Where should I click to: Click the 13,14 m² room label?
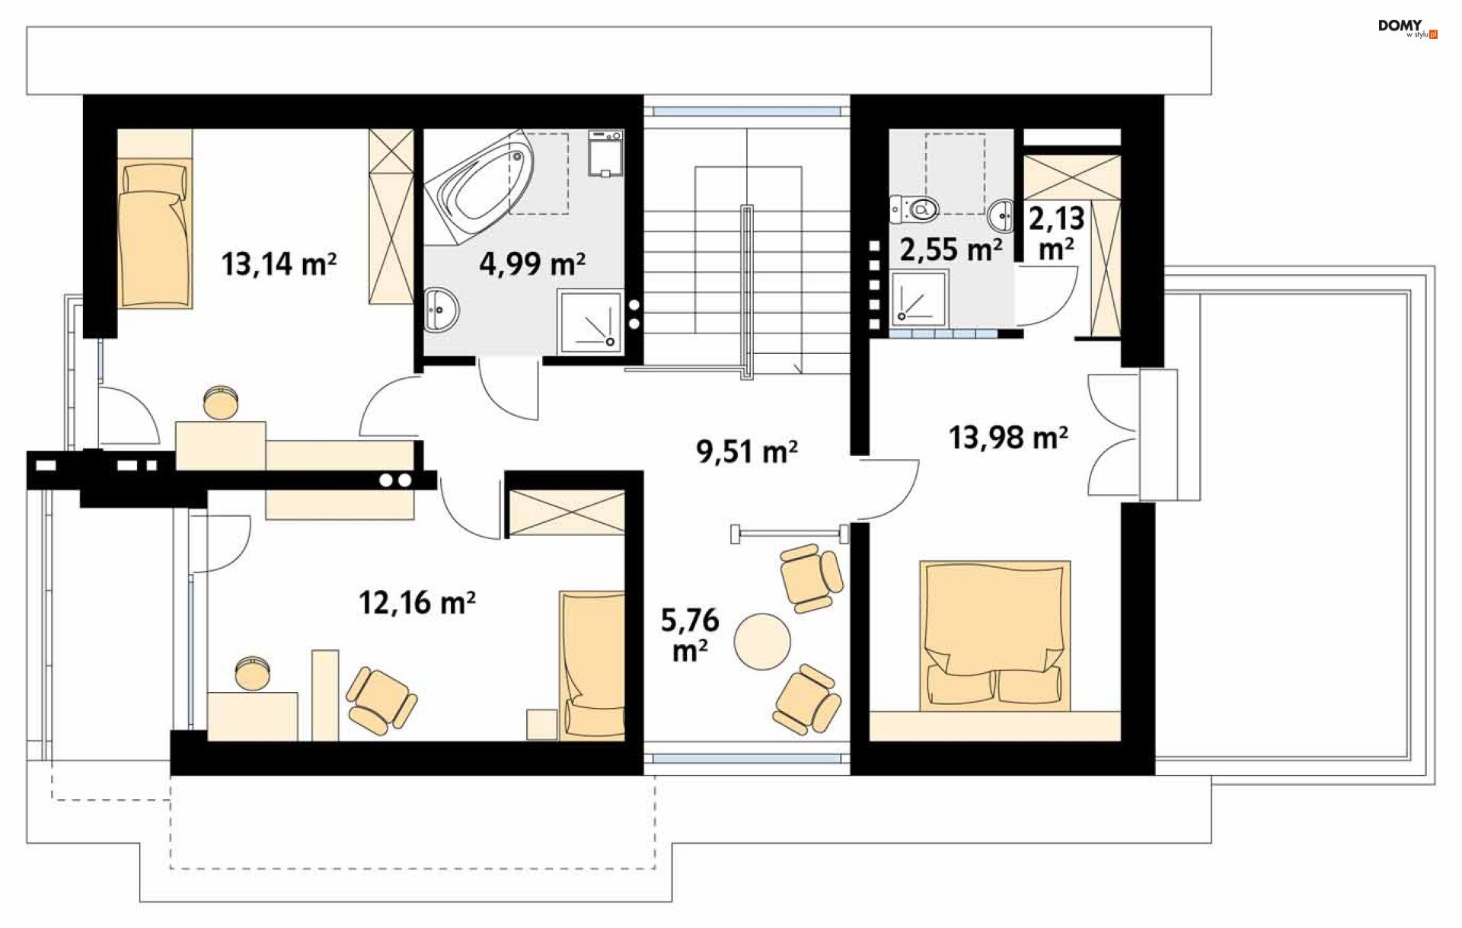click(x=279, y=264)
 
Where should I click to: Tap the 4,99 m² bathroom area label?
click(x=532, y=264)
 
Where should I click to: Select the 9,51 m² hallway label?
click(x=746, y=451)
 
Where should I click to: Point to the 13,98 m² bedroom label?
click(x=1008, y=438)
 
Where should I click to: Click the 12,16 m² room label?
click(x=417, y=603)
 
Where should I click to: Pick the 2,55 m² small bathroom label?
click(x=951, y=250)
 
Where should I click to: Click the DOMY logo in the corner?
click(x=1407, y=28)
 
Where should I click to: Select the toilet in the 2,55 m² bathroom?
click(x=914, y=208)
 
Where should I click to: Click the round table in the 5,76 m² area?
click(x=762, y=642)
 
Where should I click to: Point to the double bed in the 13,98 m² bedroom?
click(x=994, y=636)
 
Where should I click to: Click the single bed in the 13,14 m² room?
click(x=155, y=218)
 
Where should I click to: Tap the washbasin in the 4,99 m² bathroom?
click(x=440, y=310)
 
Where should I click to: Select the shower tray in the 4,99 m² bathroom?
click(x=590, y=321)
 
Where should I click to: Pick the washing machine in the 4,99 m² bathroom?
click(x=605, y=154)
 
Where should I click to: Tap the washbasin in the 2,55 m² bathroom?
click(x=1001, y=216)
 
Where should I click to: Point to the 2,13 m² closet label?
click(x=1057, y=233)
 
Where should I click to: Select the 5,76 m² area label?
click(x=690, y=636)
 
